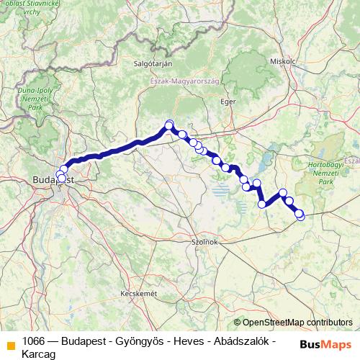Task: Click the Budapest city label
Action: click(51, 181)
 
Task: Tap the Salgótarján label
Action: click(151, 63)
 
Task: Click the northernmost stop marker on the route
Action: click(169, 124)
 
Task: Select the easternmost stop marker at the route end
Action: click(300, 215)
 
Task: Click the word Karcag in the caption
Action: click(40, 354)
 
